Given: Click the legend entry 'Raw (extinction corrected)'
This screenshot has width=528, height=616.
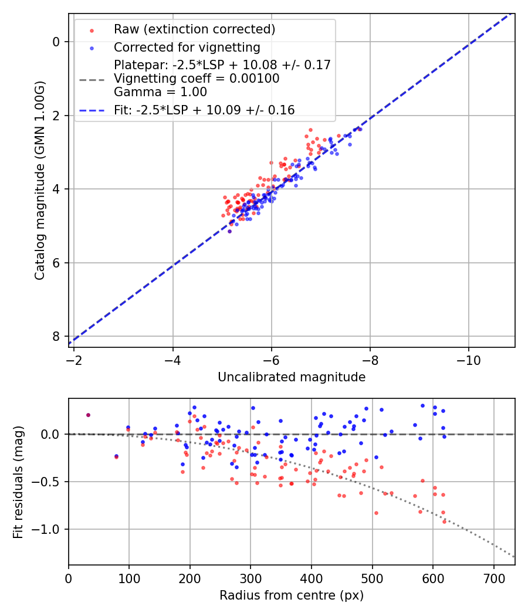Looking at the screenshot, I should tap(194, 29).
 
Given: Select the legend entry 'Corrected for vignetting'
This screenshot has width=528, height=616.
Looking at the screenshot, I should tap(187, 47).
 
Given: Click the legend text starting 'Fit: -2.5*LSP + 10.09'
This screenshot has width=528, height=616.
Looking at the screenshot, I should tap(204, 110).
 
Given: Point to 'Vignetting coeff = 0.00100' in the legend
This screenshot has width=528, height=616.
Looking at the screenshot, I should tap(197, 79).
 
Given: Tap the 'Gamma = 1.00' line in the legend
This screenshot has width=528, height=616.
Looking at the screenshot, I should tap(160, 92).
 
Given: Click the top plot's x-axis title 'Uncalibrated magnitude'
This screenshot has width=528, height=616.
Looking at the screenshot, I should tap(292, 377).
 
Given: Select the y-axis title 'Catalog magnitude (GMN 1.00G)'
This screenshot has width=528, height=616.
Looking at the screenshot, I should tap(39, 180).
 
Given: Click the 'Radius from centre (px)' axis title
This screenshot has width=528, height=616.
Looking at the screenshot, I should tap(292, 595).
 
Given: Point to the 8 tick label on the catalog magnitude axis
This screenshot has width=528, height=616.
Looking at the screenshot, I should tap(56, 336).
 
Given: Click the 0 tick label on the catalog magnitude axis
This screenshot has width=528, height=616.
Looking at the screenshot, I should tap(56, 42).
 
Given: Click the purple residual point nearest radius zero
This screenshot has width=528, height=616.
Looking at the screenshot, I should tap(88, 415).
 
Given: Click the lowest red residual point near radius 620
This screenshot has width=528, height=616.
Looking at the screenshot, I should tap(444, 521).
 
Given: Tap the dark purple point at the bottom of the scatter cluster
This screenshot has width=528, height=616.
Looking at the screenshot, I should tap(229, 231).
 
